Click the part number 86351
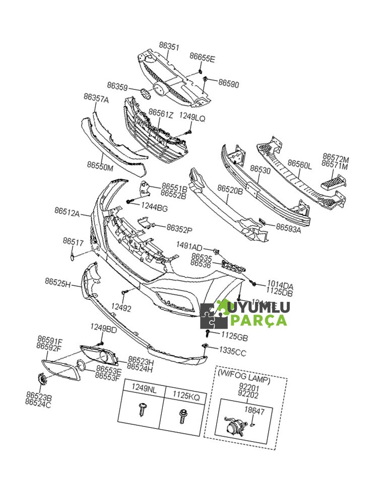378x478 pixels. click(x=169, y=46)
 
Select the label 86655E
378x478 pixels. click(x=202, y=59)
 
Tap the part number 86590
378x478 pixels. click(x=228, y=84)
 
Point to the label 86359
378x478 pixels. click(x=117, y=87)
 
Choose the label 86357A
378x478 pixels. click(x=96, y=99)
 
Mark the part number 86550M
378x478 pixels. click(x=100, y=165)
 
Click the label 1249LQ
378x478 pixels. click(x=192, y=117)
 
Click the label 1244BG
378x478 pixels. click(x=154, y=207)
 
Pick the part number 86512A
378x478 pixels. click(x=68, y=213)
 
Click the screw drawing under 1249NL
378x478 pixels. click(x=142, y=411)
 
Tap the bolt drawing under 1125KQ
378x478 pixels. click(x=183, y=415)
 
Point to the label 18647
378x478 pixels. click(x=254, y=411)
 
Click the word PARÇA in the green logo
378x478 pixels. click(x=258, y=320)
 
